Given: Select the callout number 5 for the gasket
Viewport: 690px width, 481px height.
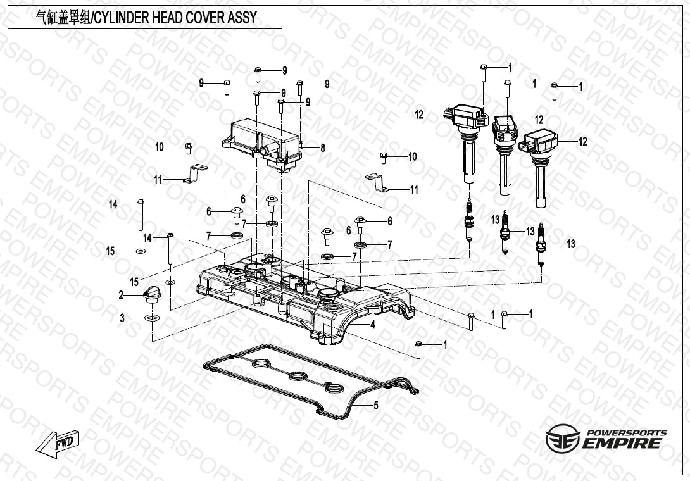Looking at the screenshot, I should point(376,406).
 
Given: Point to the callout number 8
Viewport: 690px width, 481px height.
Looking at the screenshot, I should point(322,148).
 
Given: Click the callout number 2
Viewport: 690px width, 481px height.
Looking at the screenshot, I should point(120,295).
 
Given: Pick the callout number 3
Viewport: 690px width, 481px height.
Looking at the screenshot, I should point(122,318).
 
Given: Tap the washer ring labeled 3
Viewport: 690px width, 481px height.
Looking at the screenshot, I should point(152,318).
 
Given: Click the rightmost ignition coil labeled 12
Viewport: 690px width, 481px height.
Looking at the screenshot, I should point(542,165).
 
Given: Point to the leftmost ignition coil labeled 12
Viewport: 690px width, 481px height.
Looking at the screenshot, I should point(468,142).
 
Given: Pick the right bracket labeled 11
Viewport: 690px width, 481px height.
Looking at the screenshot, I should point(377,182).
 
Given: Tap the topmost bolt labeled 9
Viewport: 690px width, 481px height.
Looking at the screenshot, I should point(258,74).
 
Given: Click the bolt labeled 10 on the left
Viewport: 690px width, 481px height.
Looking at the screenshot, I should point(188,149).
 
